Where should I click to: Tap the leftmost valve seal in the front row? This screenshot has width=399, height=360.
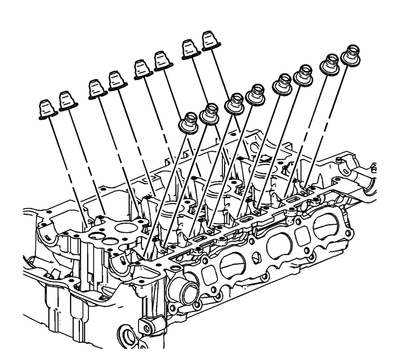189,123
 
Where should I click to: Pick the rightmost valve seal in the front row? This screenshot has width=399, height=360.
351,56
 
